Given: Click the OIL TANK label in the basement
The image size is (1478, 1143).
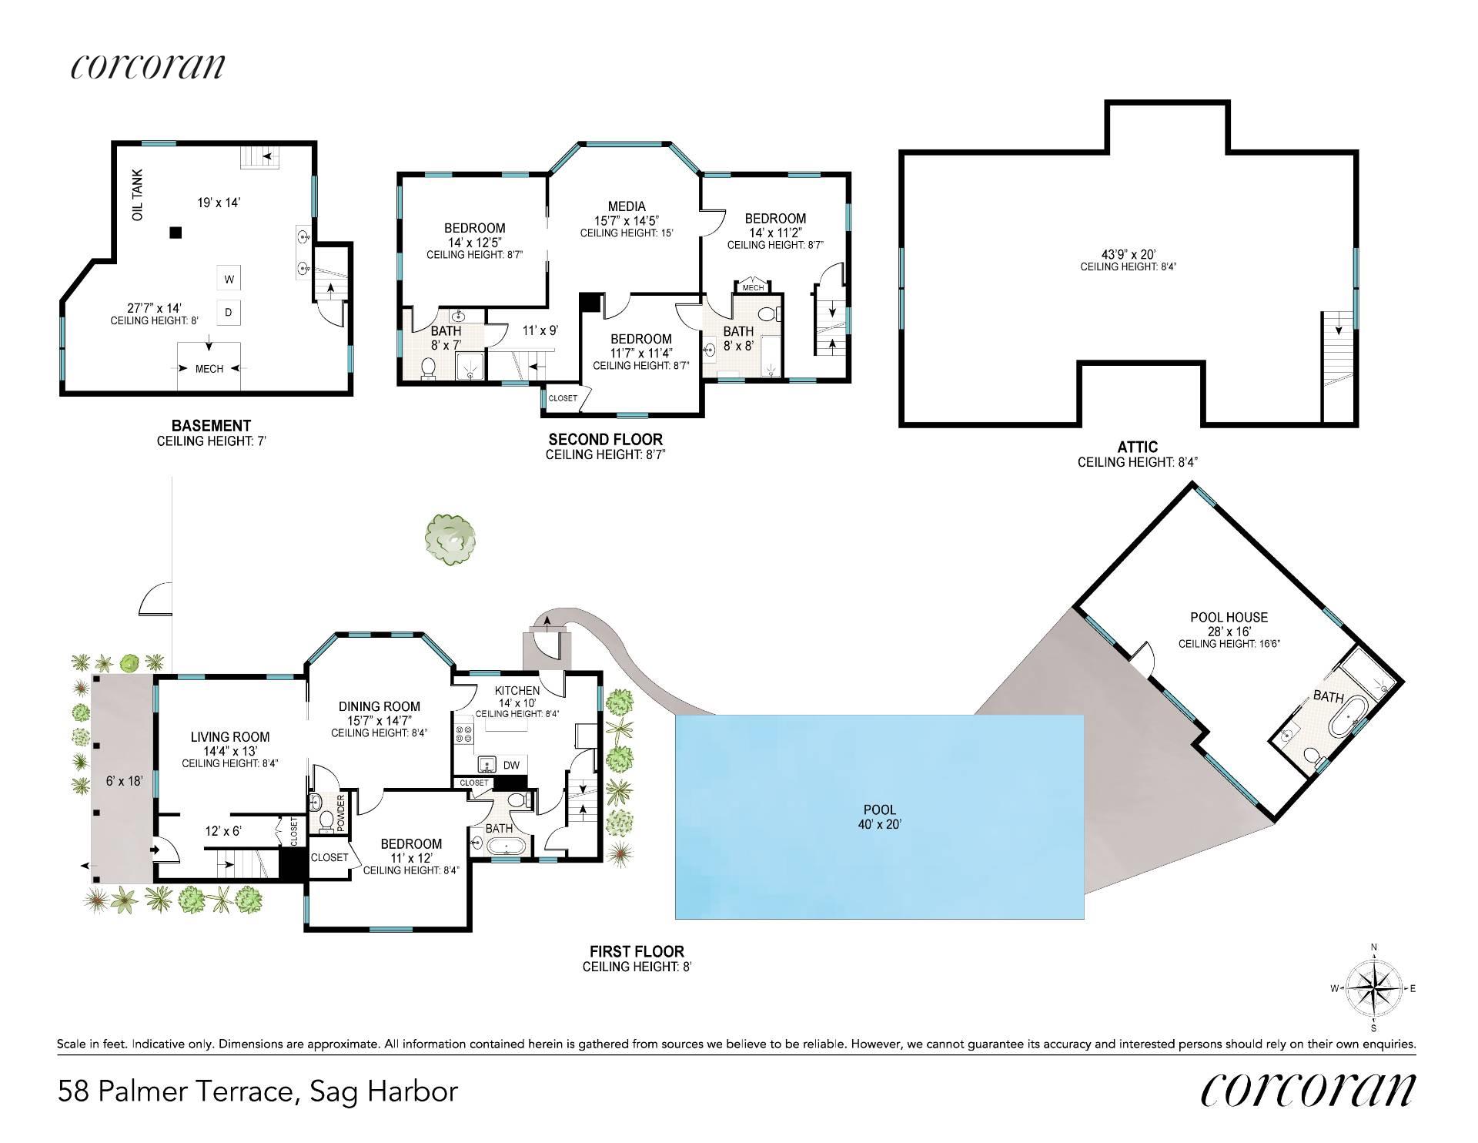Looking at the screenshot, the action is point(138,196).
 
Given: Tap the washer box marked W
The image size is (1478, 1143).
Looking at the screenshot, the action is point(229,278).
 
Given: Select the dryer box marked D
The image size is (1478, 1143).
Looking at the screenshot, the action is point(229,312).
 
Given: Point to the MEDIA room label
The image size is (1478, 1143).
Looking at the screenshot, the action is point(627,206).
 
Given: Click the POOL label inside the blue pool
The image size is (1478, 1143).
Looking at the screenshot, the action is point(880,809).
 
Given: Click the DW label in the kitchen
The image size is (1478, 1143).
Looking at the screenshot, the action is point(511,765).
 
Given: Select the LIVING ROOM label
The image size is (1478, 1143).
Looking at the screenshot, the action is point(230,737).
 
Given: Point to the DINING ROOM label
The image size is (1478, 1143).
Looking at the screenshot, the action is point(380,706).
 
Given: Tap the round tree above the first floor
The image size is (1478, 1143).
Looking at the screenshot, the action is point(450,539).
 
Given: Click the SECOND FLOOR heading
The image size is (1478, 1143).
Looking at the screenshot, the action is point(605,439).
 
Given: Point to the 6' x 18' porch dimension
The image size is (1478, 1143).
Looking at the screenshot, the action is point(125,780).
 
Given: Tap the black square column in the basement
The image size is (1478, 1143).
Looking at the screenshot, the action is point(176,232).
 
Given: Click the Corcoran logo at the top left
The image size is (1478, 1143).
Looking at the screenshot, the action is point(148,66).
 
